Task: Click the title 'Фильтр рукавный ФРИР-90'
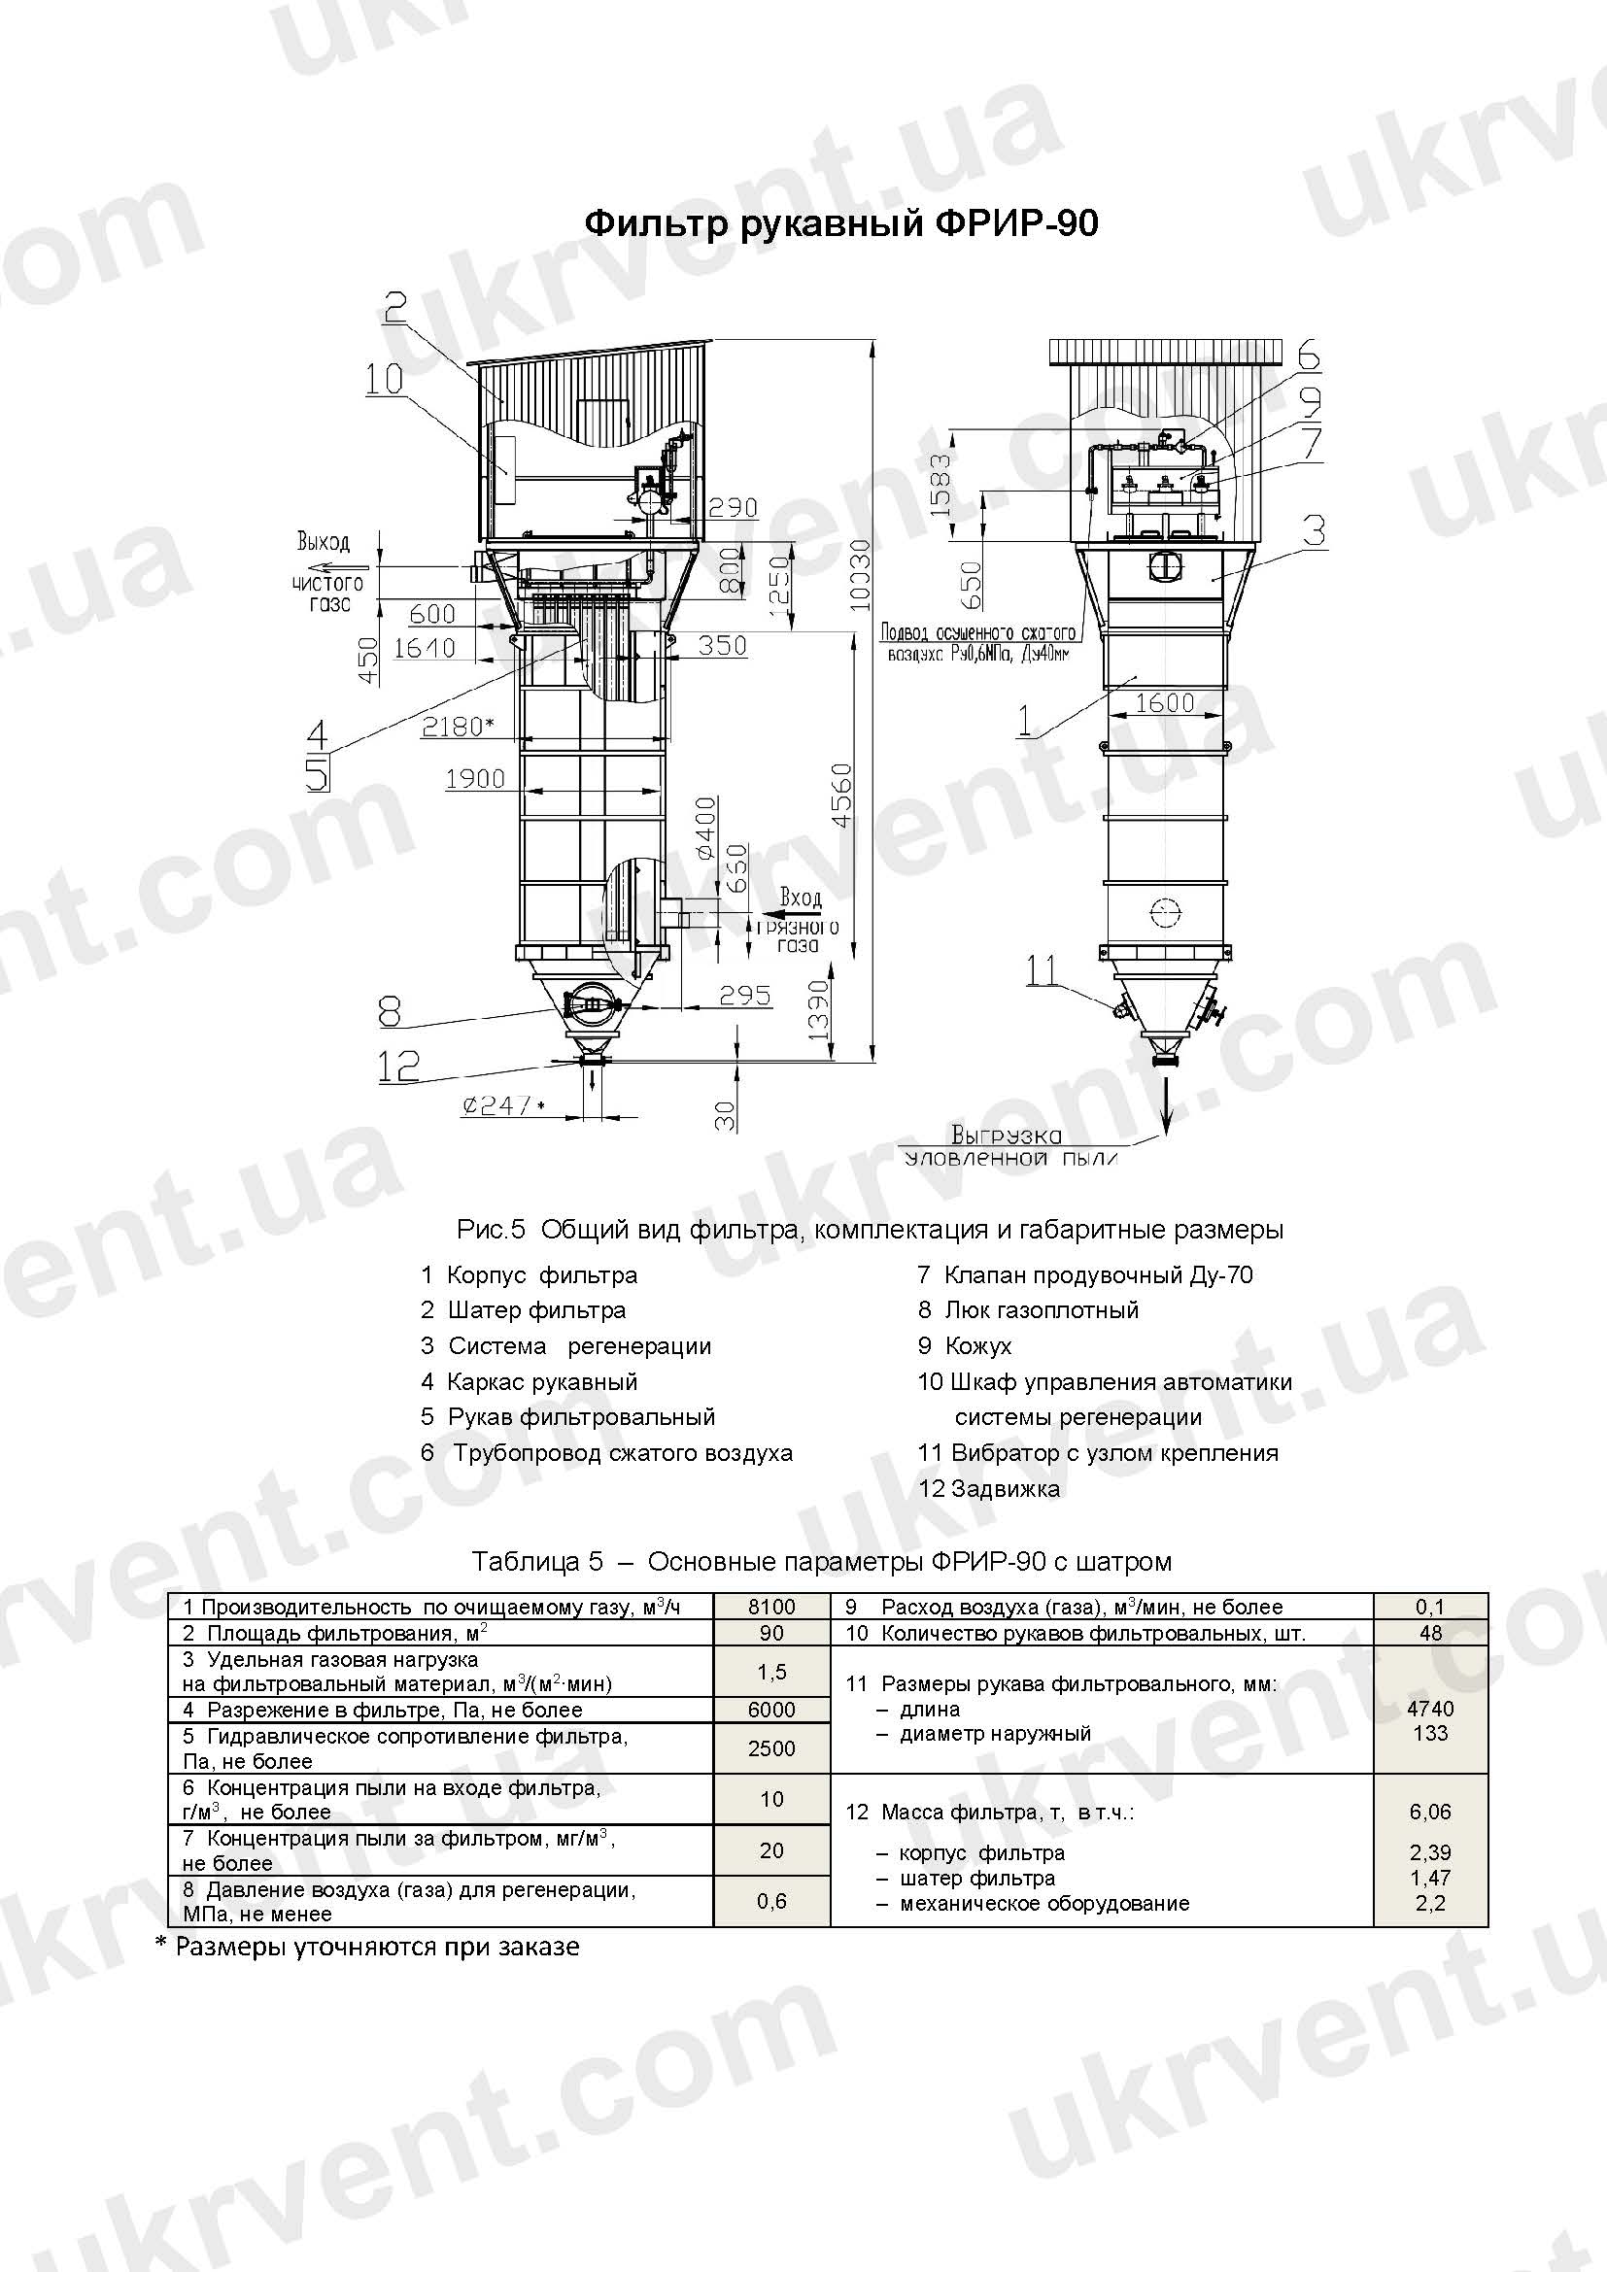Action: tap(841, 223)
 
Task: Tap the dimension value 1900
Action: tap(475, 779)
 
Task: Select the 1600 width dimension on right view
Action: tap(1165, 702)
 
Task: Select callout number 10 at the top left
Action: tap(383, 379)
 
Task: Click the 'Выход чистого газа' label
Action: tap(327, 572)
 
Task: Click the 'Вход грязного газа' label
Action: tap(798, 920)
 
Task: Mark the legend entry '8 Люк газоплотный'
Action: tap(1028, 1310)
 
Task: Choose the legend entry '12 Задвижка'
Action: tap(988, 1489)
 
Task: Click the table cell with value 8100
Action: tap(770, 1607)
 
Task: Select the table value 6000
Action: tap(770, 1710)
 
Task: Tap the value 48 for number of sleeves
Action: tap(1430, 1633)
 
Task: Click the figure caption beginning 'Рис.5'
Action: tap(870, 1230)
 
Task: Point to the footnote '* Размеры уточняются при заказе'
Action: tap(367, 1947)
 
